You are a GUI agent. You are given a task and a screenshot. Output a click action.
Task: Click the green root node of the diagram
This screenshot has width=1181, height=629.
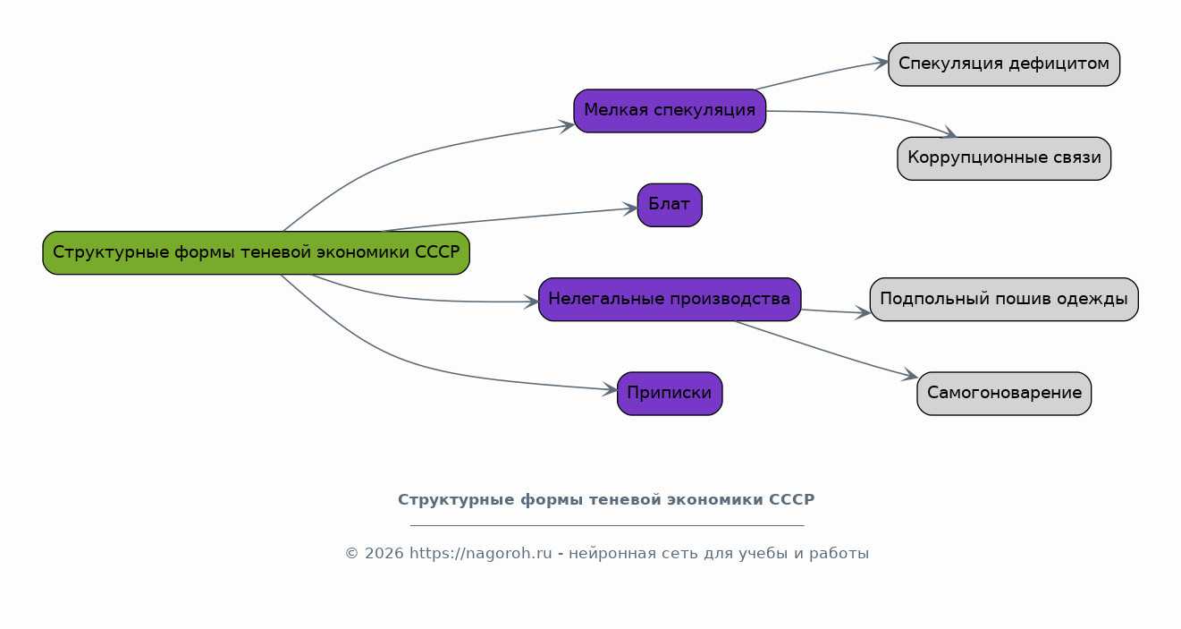[x=257, y=252]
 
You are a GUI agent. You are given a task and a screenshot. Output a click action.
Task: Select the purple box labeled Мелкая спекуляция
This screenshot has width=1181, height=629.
[x=670, y=111]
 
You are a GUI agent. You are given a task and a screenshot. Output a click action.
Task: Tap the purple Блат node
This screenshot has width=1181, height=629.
[x=670, y=205]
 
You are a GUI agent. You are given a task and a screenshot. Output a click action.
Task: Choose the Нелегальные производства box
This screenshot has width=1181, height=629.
[x=670, y=299]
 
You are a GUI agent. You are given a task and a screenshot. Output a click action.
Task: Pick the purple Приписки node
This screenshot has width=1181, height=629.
[x=670, y=394]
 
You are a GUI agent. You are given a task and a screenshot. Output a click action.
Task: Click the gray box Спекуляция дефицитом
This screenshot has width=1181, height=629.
[x=1004, y=64]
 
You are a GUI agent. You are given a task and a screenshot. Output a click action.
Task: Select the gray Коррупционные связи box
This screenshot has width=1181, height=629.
[x=1004, y=158]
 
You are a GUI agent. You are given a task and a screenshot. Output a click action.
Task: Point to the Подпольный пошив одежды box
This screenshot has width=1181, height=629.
[x=1004, y=299]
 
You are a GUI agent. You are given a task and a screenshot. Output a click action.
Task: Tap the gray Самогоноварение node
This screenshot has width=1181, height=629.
[x=1004, y=394]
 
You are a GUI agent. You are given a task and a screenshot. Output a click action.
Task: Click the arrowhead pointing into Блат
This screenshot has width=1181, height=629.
[x=631, y=209]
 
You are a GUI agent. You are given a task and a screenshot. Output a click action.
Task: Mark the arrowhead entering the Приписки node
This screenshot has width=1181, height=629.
[x=611, y=390]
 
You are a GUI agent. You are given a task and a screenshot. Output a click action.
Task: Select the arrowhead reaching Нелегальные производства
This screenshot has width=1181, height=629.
[x=531, y=302]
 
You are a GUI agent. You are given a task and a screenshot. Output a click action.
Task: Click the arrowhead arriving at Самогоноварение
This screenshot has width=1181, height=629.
[x=910, y=374]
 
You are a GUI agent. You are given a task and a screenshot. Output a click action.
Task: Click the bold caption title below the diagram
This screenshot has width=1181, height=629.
[x=606, y=500]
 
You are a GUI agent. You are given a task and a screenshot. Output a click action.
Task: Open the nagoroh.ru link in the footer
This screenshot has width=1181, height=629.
[x=480, y=554]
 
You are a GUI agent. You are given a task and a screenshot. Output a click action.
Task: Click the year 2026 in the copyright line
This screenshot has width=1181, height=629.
[x=380, y=554]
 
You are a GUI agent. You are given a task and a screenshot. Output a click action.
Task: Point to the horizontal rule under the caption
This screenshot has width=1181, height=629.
[x=607, y=525]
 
